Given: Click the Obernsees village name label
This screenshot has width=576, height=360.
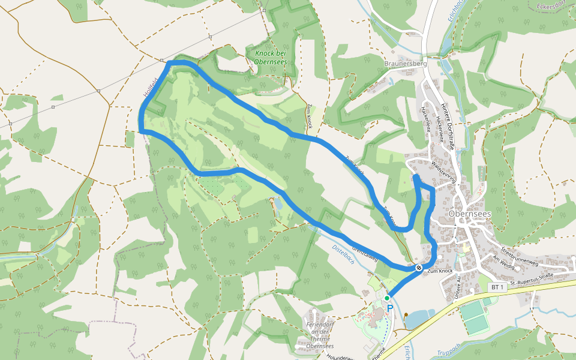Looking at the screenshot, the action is pos(470,214).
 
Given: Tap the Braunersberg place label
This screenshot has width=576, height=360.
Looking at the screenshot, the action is pos(405,63).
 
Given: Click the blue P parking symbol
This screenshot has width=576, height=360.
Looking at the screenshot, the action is pos(389,308).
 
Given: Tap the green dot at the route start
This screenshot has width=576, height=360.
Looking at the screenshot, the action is pos(387,298).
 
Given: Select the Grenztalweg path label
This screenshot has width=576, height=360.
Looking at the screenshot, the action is pos(365,251).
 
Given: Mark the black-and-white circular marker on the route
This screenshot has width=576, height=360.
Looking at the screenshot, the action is pos(418,268).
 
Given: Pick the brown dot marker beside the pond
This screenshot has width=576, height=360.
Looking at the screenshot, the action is pos(406,314).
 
